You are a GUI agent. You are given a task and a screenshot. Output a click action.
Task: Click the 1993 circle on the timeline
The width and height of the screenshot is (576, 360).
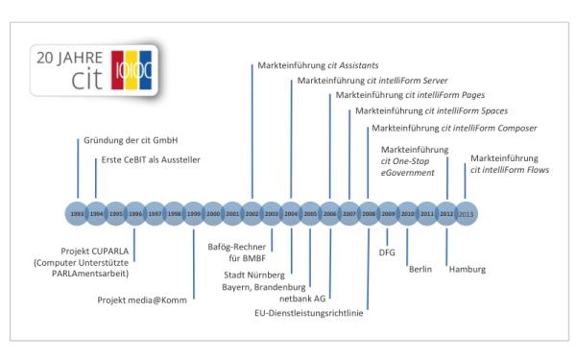[x=77, y=213]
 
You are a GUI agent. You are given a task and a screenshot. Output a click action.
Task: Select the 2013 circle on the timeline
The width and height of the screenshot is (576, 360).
[x=466, y=213]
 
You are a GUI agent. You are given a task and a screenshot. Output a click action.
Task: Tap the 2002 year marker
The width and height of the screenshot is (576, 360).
[x=252, y=213]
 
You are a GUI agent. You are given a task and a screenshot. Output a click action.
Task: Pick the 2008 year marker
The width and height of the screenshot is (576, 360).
[x=369, y=213]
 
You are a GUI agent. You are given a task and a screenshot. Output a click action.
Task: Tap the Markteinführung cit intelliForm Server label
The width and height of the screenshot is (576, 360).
[x=360, y=81]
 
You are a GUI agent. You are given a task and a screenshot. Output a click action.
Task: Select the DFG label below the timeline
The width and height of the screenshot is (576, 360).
[x=388, y=252]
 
